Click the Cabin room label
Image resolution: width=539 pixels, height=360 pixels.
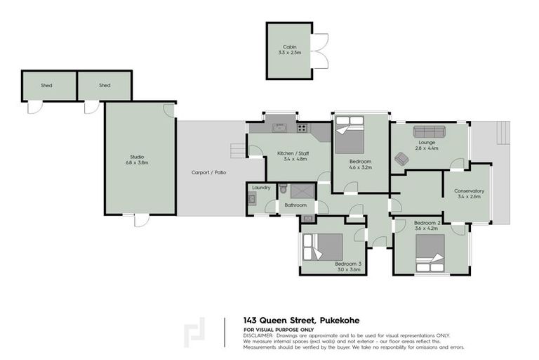point(289,49)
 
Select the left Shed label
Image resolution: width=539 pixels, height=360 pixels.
point(46,86)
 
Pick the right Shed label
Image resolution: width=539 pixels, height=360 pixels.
point(105,86)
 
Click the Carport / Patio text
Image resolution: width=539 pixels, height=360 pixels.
point(209,172)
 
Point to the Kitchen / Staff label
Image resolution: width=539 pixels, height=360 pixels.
point(293,156)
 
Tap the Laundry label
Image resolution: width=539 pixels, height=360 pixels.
point(261,188)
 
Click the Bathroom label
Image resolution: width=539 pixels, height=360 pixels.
point(295,205)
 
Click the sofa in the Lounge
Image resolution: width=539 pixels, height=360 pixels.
point(429,132)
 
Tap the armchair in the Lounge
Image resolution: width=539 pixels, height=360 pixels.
point(401,159)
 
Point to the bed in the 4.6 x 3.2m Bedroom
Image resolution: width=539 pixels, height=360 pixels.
point(349,134)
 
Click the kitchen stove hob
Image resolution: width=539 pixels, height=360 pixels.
point(302,127)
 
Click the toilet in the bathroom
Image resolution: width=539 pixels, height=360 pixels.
point(283,189)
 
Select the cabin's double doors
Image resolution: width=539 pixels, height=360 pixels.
point(319,51)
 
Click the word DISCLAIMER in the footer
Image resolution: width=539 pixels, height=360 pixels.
point(259,335)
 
